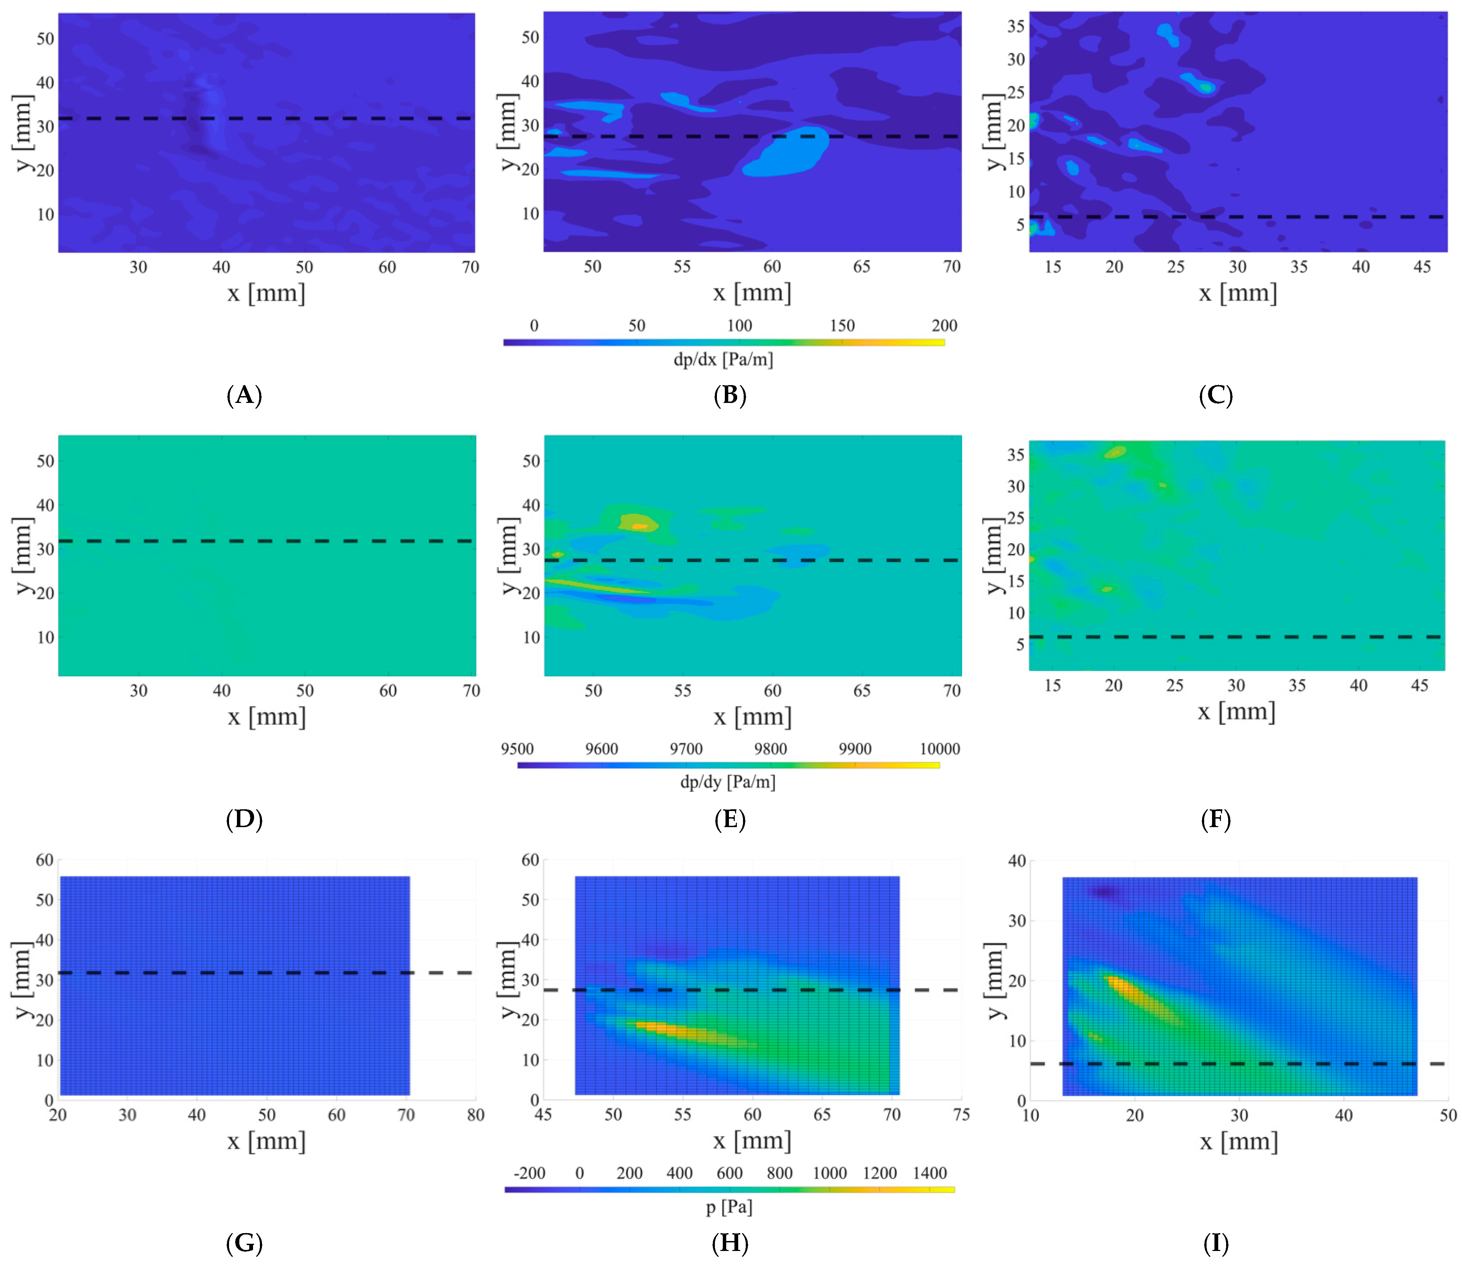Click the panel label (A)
point(244,395)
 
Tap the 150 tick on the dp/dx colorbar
point(842,325)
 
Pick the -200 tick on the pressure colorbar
point(529,1173)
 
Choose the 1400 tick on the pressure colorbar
point(929,1173)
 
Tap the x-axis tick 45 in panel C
point(1422,267)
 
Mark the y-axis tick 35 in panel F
point(1016,455)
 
